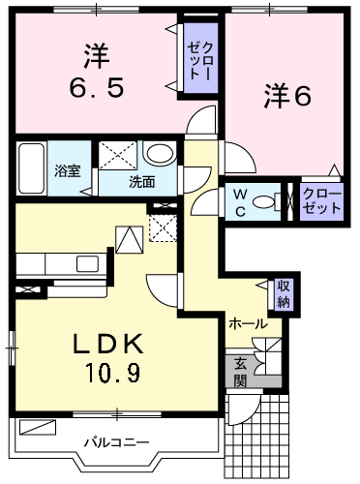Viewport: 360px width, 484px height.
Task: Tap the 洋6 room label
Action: point(286,96)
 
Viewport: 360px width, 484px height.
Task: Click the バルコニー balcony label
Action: point(115,442)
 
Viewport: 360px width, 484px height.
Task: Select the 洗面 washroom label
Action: point(141,181)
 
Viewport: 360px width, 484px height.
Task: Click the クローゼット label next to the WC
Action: point(321,200)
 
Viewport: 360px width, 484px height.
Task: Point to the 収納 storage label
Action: point(284,293)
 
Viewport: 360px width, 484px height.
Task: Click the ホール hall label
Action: point(248,324)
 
